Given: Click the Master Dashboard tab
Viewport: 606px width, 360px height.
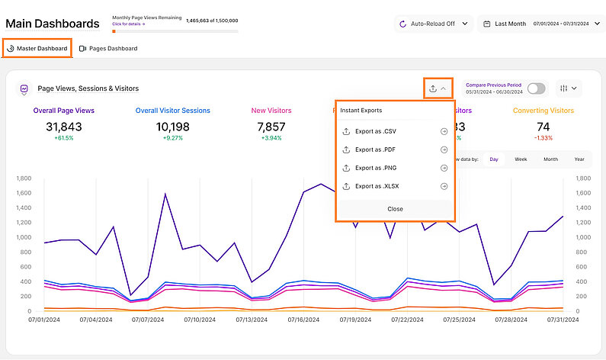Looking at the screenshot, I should [37, 49].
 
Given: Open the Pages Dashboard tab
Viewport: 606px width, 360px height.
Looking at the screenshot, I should [108, 49].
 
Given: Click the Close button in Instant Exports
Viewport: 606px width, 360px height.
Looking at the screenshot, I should [395, 209].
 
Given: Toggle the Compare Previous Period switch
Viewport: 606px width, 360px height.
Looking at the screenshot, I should [536, 88].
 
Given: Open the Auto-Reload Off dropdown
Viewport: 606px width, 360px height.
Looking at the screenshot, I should [433, 24].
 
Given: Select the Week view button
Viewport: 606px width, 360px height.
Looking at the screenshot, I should [521, 159].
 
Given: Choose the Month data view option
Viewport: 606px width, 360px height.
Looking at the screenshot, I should [550, 159].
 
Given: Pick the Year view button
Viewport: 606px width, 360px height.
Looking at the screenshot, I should [579, 159].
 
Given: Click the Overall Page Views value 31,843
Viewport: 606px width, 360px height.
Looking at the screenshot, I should [64, 127].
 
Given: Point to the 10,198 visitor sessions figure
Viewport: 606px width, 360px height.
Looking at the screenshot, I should [173, 127].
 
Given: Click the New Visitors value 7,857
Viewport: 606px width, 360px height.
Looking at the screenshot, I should [271, 127].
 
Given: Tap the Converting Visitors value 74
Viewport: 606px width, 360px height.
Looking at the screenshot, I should [543, 127].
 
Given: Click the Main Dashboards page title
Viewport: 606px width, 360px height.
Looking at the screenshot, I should [53, 24].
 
